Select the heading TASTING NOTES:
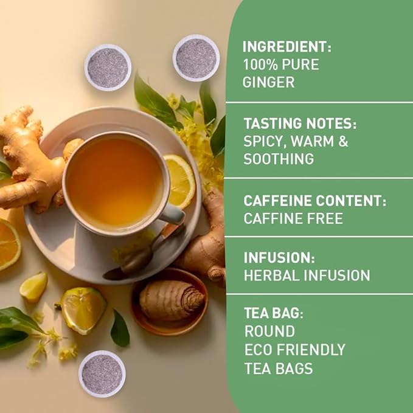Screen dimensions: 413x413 point(300,124)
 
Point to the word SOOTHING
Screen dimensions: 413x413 point(279,159)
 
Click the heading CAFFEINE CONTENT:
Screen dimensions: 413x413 point(315,201)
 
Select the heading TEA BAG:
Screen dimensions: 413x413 point(273,314)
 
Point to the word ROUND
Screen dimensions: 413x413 point(269,332)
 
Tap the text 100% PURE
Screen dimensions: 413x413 point(280,64)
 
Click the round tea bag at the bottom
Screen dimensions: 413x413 point(102,373)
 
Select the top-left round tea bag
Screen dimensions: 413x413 point(108,68)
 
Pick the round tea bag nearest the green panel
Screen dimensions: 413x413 point(196,58)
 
